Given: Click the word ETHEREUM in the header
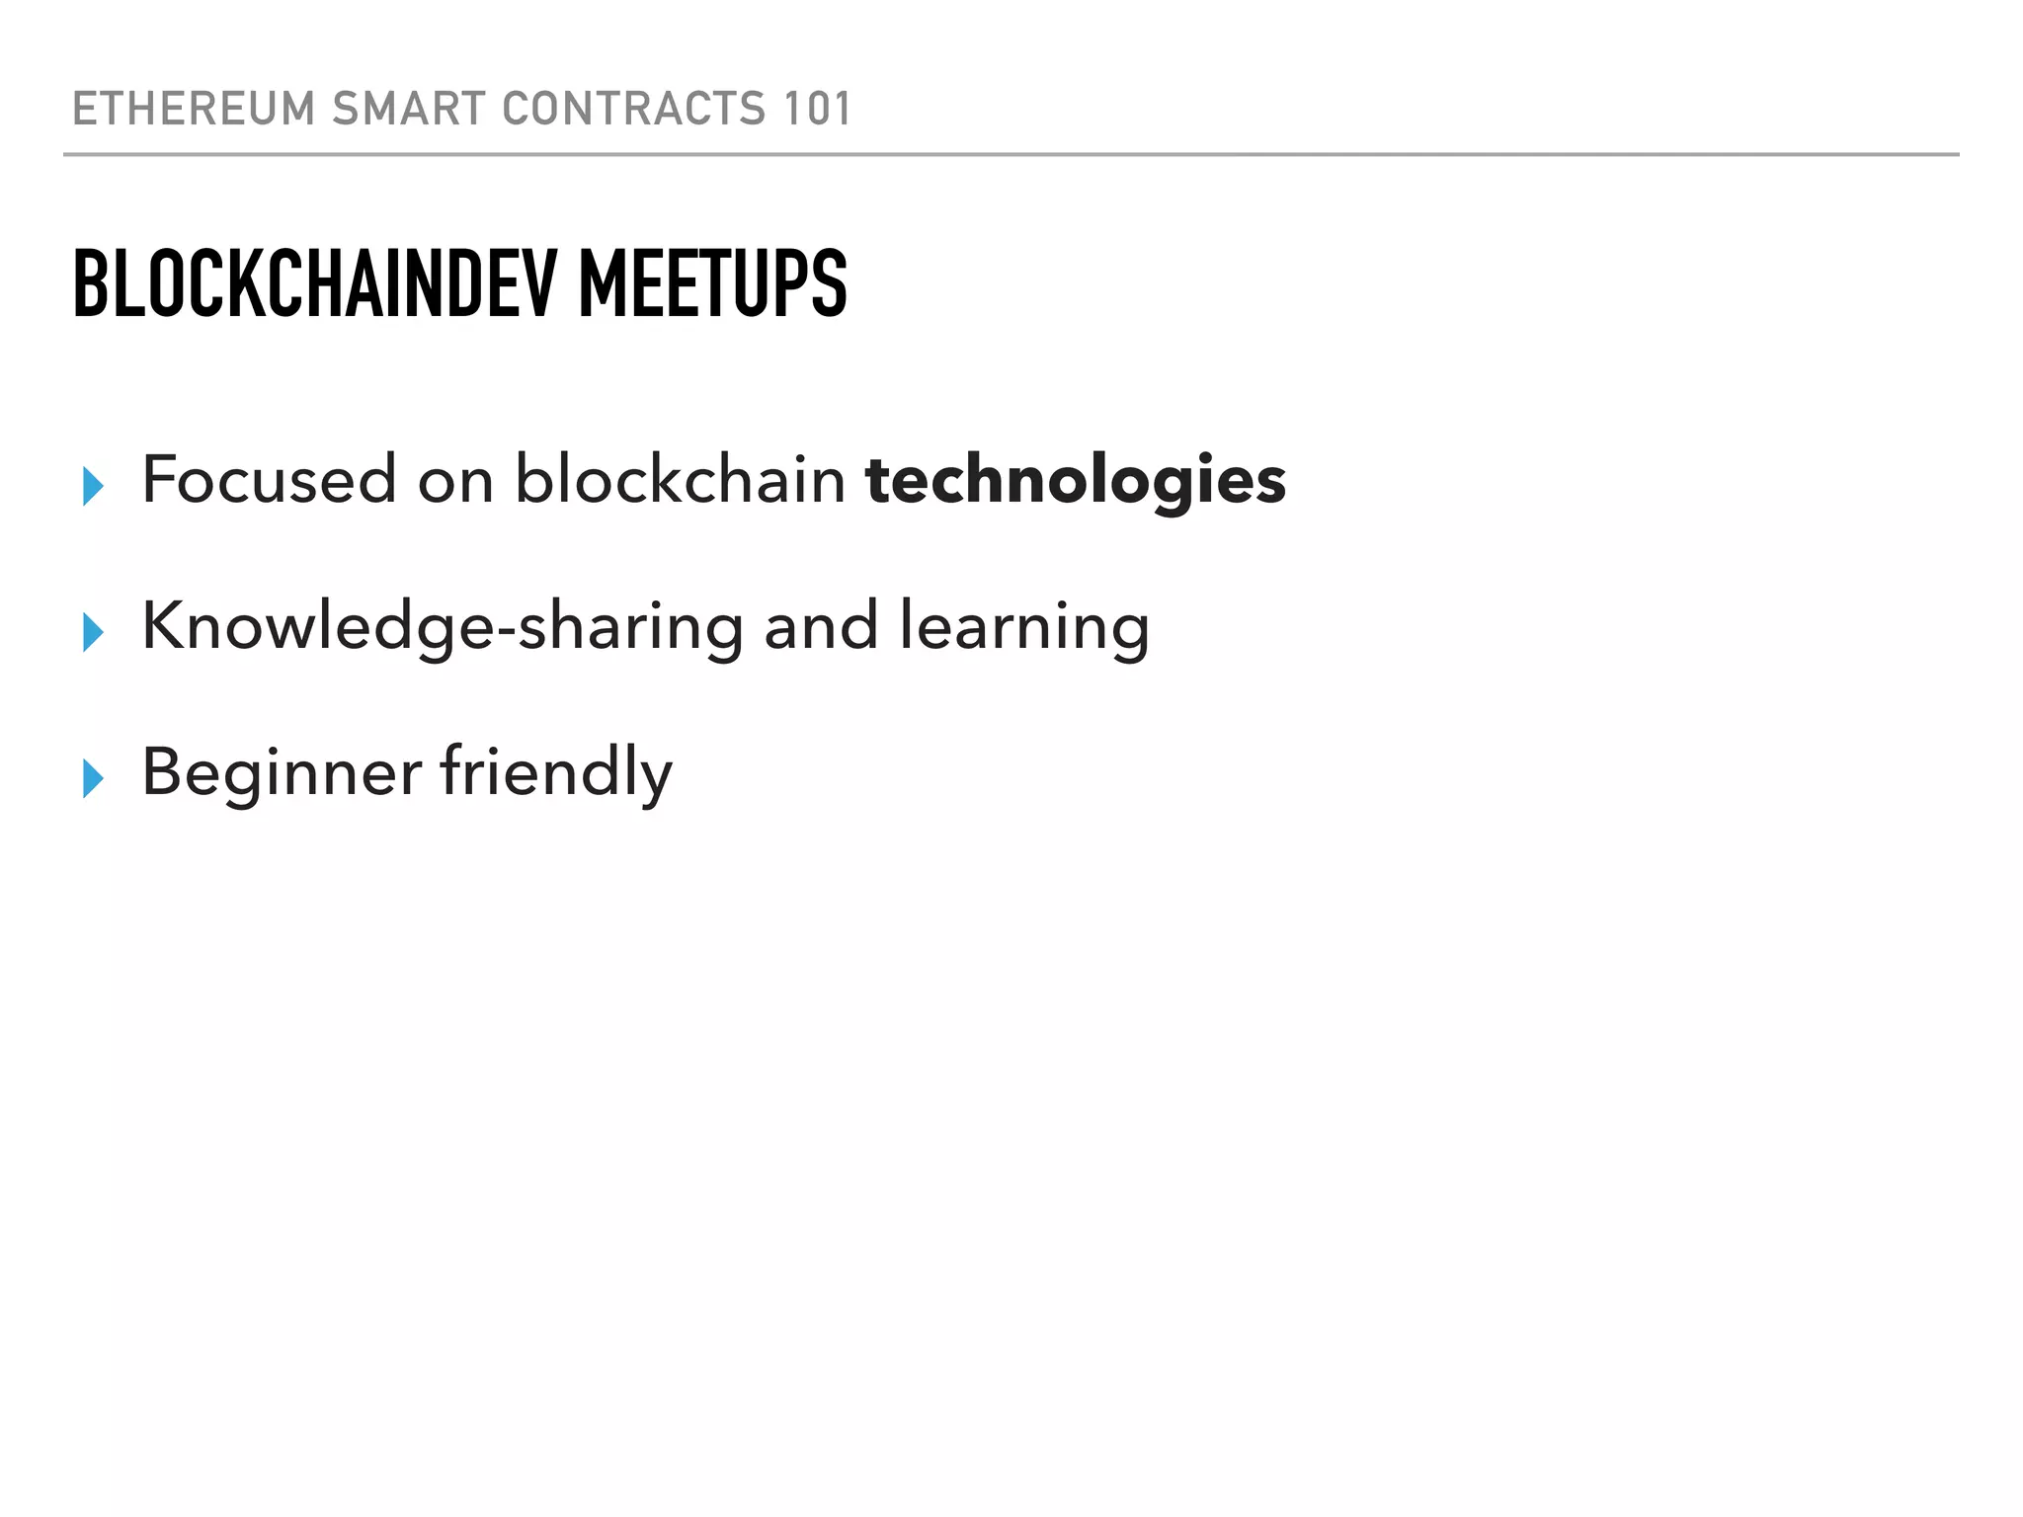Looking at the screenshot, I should click(194, 109).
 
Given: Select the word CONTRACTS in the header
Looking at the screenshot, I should click(633, 109).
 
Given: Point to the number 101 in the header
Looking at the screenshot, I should click(816, 109).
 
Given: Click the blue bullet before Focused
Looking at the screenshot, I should click(94, 486).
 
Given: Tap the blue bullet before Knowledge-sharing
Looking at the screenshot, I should click(94, 632).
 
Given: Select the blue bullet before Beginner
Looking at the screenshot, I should click(94, 778).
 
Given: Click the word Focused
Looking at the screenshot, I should click(269, 480).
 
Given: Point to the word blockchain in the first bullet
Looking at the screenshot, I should click(680, 480).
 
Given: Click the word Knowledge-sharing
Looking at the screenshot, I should click(442, 626).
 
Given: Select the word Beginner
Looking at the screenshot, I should click(282, 772).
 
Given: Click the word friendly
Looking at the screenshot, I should click(556, 772).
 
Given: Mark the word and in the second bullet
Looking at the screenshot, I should click(821, 626).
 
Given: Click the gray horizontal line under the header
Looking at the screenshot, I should click(1011, 155).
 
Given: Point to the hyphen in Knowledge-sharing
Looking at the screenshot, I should click(505, 632).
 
